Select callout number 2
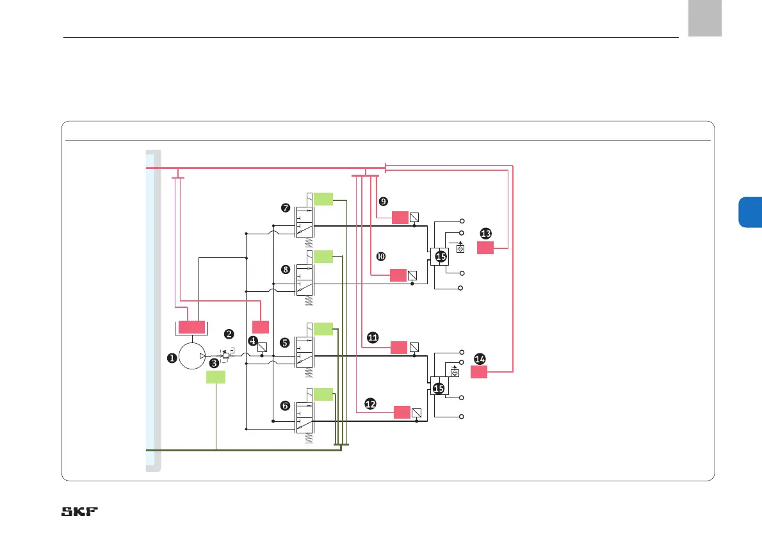click(x=229, y=334)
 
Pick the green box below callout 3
click(x=216, y=377)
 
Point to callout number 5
click(x=285, y=342)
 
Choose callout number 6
click(x=285, y=405)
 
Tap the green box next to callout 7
click(x=323, y=198)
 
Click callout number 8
click(x=286, y=269)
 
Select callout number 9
click(x=383, y=201)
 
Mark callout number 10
click(x=380, y=256)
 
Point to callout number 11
click(x=373, y=337)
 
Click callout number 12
click(x=370, y=403)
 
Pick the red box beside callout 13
click(x=485, y=248)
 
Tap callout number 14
click(x=480, y=359)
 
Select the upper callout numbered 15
click(x=441, y=257)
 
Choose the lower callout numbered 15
click(x=439, y=388)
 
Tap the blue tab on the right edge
click(x=750, y=212)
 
